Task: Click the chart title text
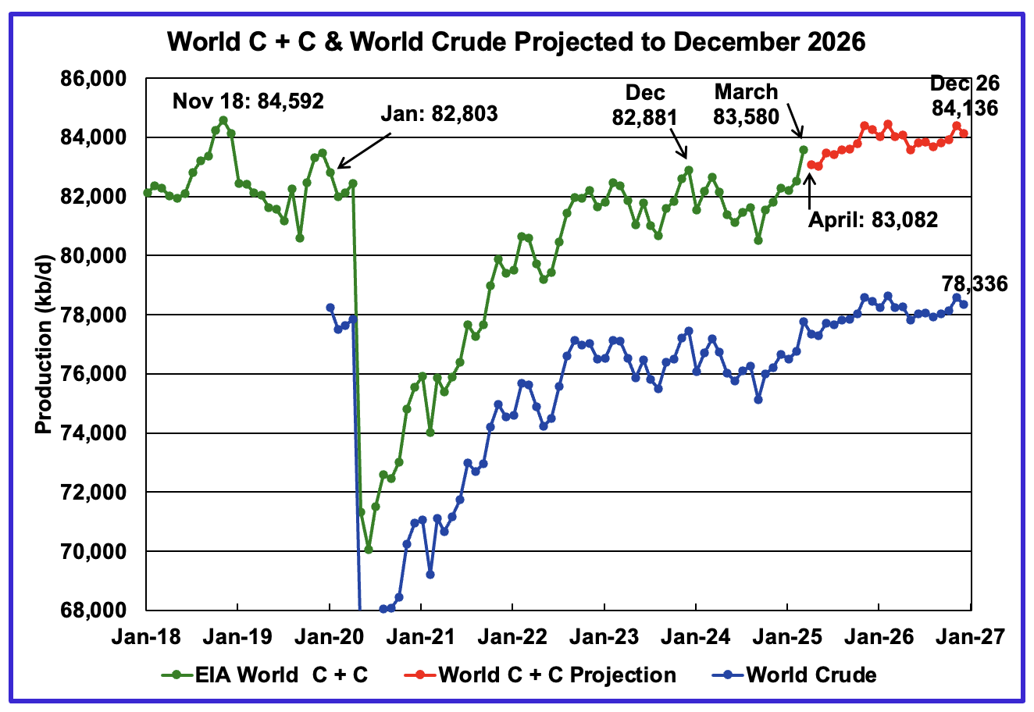point(516,41)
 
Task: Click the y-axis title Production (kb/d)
point(45,344)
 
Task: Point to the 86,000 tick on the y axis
point(99,79)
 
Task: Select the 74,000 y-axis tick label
point(99,433)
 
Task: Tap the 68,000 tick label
point(99,610)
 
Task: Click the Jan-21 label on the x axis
point(422,637)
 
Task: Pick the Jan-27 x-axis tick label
point(970,637)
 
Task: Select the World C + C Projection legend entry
point(557,675)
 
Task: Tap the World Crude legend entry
point(811,675)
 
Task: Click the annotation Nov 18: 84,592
point(248,101)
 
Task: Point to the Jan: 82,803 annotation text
point(439,114)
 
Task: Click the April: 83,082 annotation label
point(872,219)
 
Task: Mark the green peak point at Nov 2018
point(223,120)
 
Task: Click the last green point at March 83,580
point(803,149)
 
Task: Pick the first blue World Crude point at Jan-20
point(330,308)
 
